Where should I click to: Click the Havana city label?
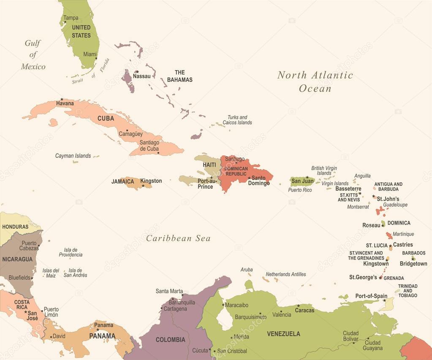65,103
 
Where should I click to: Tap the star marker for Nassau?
136,72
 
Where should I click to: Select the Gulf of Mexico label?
33,55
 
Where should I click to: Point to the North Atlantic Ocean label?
315,81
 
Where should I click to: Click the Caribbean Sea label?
178,238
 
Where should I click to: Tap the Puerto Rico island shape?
302,181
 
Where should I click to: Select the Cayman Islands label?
73,156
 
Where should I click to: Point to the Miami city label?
90,54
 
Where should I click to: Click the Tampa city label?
71,18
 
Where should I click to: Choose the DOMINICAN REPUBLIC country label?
236,171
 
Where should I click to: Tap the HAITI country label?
209,165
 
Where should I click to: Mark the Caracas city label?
304,310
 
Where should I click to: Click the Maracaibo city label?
236,305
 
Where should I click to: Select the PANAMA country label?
102,336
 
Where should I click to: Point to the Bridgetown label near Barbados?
413,263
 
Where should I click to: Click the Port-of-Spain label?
371,296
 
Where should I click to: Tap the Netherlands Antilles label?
285,274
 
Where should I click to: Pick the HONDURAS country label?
15,227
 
